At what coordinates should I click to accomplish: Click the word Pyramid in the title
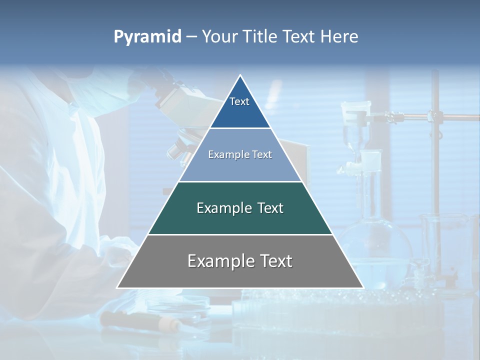click(x=147, y=37)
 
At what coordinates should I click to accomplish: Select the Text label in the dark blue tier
click(x=239, y=101)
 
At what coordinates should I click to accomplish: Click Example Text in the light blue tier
click(x=240, y=154)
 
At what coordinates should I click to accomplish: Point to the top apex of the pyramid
click(x=240, y=76)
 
